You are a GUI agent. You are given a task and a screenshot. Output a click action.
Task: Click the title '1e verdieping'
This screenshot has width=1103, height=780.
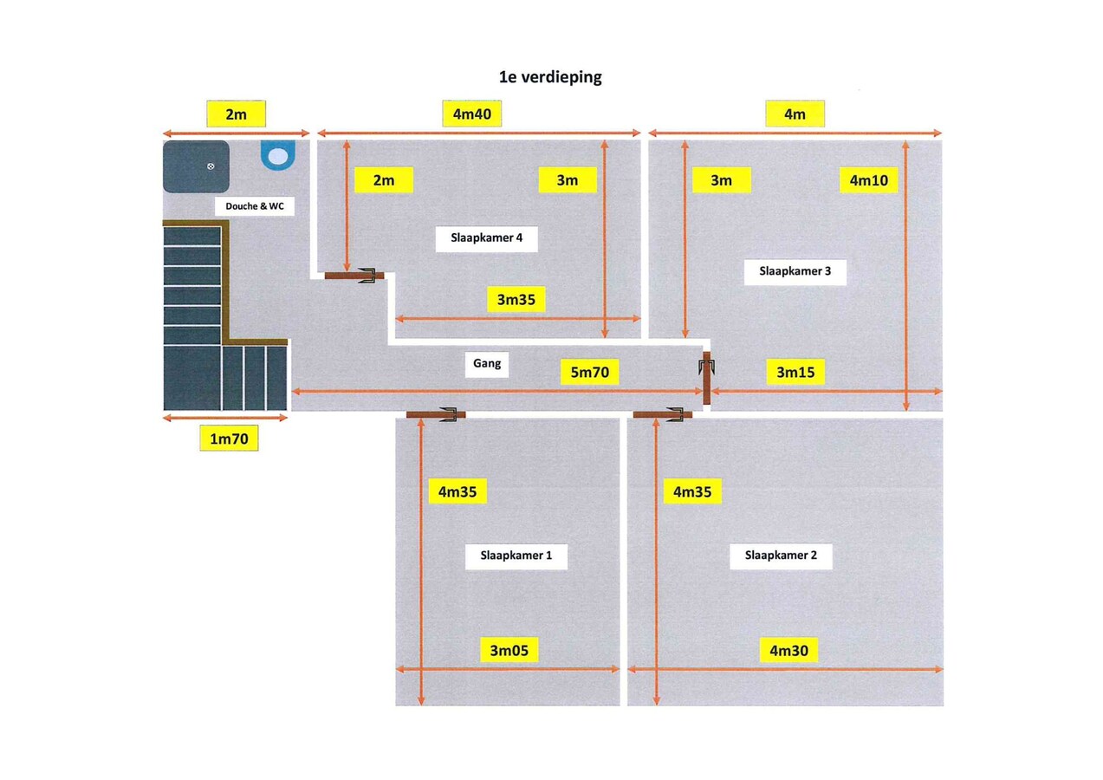pos(550,77)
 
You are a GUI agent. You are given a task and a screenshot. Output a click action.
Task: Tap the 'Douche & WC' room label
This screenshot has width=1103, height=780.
pos(255,206)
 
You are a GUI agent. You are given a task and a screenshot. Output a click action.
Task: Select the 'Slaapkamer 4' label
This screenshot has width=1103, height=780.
pos(486,237)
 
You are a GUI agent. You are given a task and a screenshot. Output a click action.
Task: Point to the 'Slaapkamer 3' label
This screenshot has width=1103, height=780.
pos(795,270)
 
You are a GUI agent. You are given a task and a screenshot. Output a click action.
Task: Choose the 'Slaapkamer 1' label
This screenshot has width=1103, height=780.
pos(516,556)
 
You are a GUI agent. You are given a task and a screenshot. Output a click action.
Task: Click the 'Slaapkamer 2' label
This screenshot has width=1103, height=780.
pos(781,556)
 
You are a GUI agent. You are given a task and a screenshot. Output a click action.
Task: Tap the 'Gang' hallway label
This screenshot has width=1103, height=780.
pos(487,363)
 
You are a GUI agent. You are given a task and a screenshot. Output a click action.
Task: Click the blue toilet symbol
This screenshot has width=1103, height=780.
pos(278,154)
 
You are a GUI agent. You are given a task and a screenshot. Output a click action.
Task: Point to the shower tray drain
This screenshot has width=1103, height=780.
pos(211,166)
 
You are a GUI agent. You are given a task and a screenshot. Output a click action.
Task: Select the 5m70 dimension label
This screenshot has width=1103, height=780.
pos(589,373)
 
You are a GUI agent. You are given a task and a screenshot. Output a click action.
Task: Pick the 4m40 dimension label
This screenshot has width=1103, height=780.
pos(471,114)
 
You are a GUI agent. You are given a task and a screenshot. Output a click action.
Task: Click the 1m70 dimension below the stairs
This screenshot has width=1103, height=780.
pos(229,439)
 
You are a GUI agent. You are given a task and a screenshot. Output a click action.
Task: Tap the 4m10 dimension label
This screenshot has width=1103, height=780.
pos(868,180)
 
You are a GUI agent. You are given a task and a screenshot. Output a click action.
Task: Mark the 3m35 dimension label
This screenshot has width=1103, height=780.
pos(516,299)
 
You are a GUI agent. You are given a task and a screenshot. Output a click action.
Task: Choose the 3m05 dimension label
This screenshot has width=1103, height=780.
pos(509,651)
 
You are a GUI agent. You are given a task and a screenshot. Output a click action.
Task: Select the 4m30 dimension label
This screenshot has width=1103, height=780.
pos(788,651)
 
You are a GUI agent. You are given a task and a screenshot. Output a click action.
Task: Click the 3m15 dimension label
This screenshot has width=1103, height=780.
pos(795,373)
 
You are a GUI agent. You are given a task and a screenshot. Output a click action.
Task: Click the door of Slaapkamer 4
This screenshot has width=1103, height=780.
pos(354,276)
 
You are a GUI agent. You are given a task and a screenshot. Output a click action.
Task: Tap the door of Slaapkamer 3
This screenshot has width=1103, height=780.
pos(706,378)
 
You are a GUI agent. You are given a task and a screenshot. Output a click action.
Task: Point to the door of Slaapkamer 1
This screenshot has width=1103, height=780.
pos(436,414)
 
